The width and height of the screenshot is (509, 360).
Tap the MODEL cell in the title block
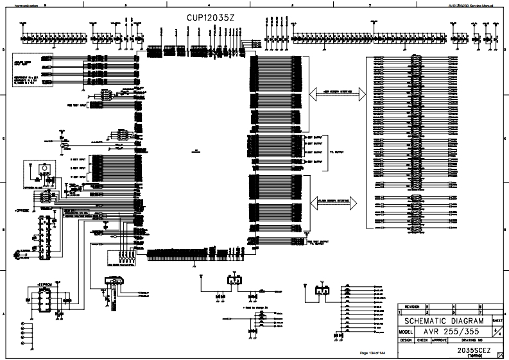tap(404, 332)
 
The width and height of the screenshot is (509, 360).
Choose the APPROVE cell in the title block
tap(439, 340)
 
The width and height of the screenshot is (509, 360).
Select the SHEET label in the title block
tap(497, 320)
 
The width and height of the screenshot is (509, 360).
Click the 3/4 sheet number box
tap(497, 330)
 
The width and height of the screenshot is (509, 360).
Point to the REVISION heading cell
tap(411, 307)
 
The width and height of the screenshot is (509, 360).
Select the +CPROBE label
tap(23, 210)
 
